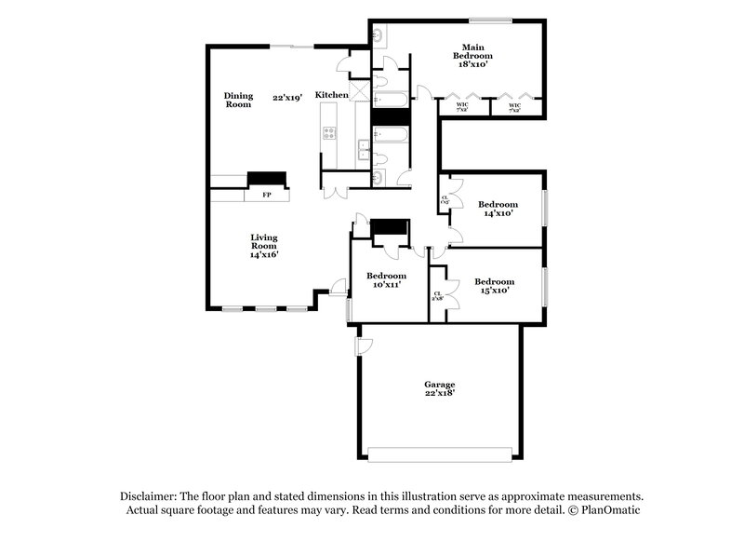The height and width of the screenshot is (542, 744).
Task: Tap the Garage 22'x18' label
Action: tap(439, 388)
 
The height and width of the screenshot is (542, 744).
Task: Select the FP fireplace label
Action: tap(266, 196)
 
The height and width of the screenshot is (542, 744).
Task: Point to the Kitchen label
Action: tap(331, 95)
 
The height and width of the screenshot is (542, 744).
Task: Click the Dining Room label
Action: tap(238, 100)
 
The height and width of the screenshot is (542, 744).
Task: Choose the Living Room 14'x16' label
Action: tap(264, 246)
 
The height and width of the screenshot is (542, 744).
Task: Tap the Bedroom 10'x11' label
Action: tap(385, 280)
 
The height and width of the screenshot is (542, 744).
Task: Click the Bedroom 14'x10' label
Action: tap(496, 209)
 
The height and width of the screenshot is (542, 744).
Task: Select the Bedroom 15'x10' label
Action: tap(494, 286)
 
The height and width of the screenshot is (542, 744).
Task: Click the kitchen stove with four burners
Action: tap(328, 132)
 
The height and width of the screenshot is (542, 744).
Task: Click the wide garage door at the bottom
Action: tap(440, 454)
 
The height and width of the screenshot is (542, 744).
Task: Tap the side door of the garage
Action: tap(364, 345)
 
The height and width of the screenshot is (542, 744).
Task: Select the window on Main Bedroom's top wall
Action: tap(490, 20)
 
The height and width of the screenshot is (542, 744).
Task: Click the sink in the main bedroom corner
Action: tap(379, 34)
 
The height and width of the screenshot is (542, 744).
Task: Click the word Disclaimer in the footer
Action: tap(149, 496)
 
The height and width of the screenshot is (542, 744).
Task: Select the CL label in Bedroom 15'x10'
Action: tap(437, 295)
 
